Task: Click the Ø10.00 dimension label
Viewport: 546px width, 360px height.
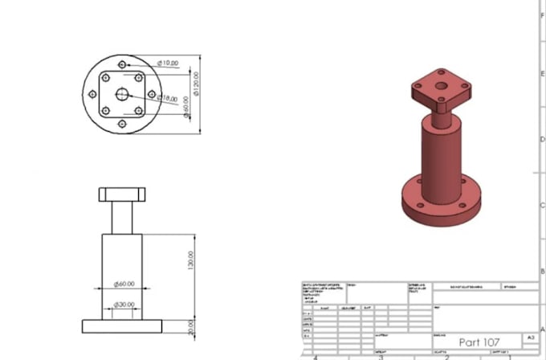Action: [x=168, y=63]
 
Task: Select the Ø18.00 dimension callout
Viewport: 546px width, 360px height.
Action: [x=167, y=98]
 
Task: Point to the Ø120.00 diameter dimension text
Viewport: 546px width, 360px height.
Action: [x=194, y=81]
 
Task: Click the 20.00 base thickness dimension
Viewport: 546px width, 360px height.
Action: [x=190, y=326]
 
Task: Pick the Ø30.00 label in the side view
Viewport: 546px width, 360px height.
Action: [x=124, y=305]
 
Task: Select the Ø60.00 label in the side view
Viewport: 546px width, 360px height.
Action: [x=124, y=284]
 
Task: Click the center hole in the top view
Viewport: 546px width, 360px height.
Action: [x=121, y=94]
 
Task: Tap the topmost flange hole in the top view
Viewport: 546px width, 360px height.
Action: [x=121, y=64]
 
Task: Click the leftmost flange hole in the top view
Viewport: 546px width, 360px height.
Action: [x=91, y=94]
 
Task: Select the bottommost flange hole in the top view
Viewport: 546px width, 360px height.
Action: [x=121, y=124]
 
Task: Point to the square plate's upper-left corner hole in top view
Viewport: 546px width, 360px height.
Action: [x=104, y=78]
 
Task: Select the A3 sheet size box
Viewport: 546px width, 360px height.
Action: [x=529, y=338]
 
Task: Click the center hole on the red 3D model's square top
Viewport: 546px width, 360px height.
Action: [x=441, y=84]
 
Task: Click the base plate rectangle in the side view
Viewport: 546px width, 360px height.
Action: [x=121, y=325]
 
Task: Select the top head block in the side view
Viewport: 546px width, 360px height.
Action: [x=121, y=194]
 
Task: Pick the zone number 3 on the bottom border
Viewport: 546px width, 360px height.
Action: [x=381, y=356]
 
